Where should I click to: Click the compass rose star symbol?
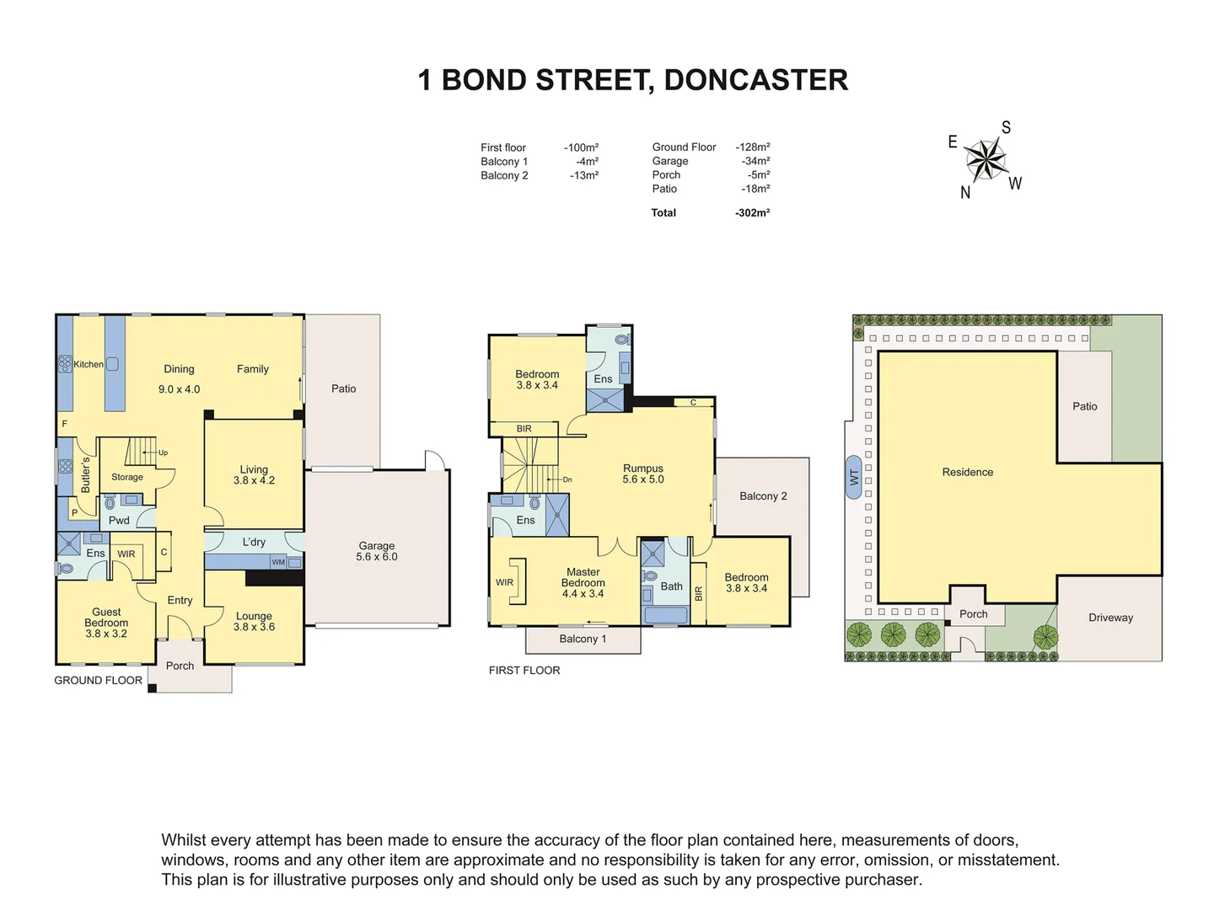(x=985, y=158)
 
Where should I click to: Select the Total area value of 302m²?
(x=752, y=213)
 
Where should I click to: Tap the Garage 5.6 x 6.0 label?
(x=377, y=552)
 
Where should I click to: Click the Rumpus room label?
(x=643, y=474)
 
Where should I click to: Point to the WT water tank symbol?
(x=854, y=478)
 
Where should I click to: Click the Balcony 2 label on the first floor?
(x=763, y=496)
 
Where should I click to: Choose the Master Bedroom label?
(x=583, y=582)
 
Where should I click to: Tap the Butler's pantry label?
(x=85, y=475)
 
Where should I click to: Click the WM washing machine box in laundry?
(x=278, y=562)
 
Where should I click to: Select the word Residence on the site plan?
(x=967, y=473)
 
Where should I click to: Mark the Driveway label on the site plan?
(x=1110, y=618)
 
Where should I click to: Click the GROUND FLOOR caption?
(x=98, y=681)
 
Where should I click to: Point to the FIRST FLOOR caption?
(x=524, y=671)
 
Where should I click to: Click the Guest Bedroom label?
(x=106, y=623)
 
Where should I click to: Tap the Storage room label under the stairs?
(x=127, y=477)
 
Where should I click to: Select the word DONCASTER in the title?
(x=755, y=80)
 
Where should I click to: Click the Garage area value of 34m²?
(x=755, y=161)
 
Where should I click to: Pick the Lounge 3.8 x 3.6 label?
(x=254, y=621)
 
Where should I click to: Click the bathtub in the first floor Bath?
(x=665, y=614)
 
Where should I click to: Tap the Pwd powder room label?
(x=119, y=521)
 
